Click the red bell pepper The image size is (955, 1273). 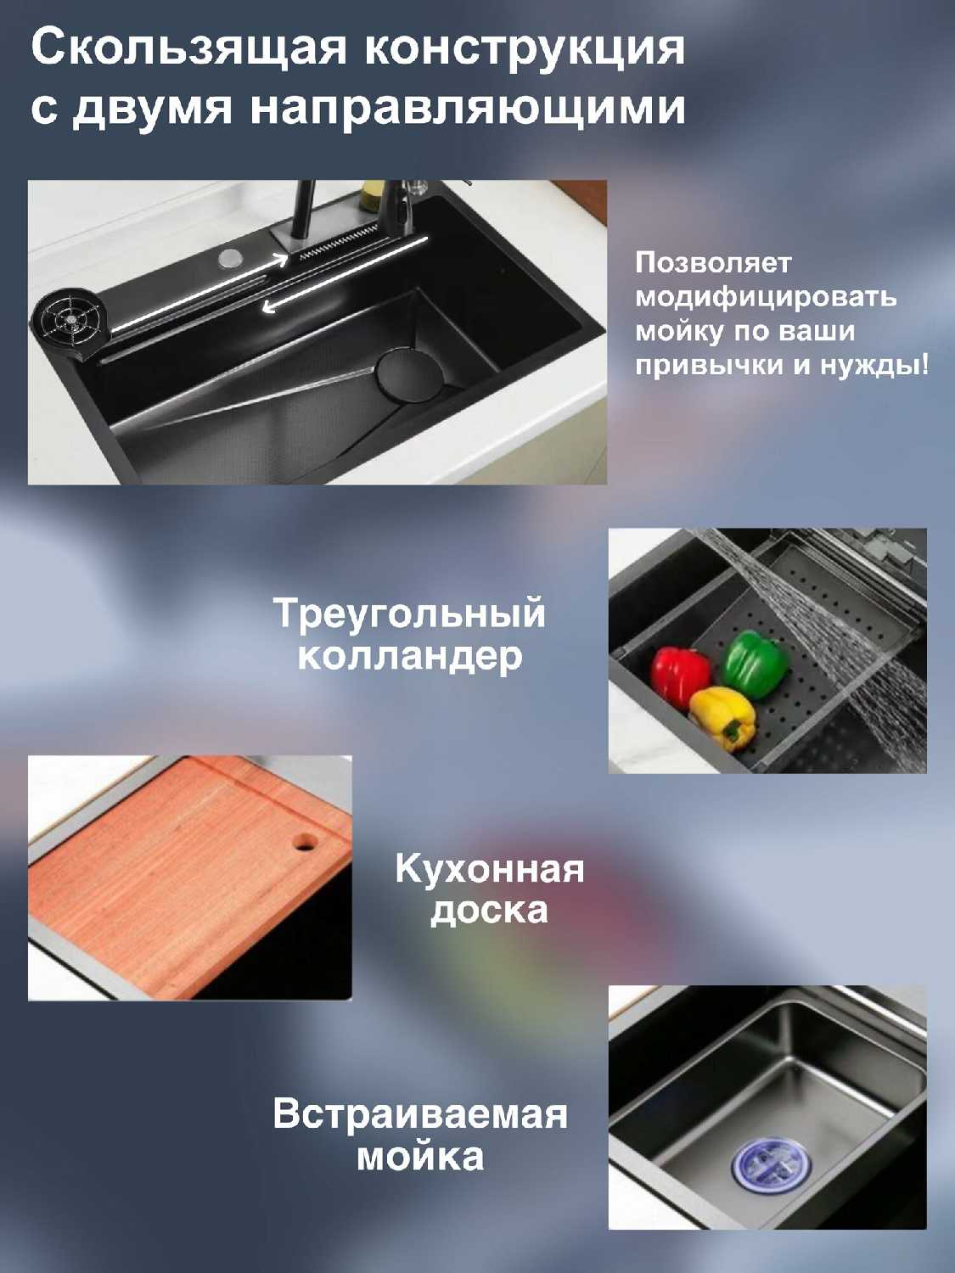pyautogui.click(x=680, y=676)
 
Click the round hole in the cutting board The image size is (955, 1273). pyautogui.click(x=304, y=842)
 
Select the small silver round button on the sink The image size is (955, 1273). pyautogui.click(x=230, y=258)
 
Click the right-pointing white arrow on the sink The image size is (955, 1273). pyautogui.click(x=198, y=294)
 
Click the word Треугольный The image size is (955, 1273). pyautogui.click(x=409, y=613)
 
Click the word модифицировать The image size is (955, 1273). pyautogui.click(x=766, y=298)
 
